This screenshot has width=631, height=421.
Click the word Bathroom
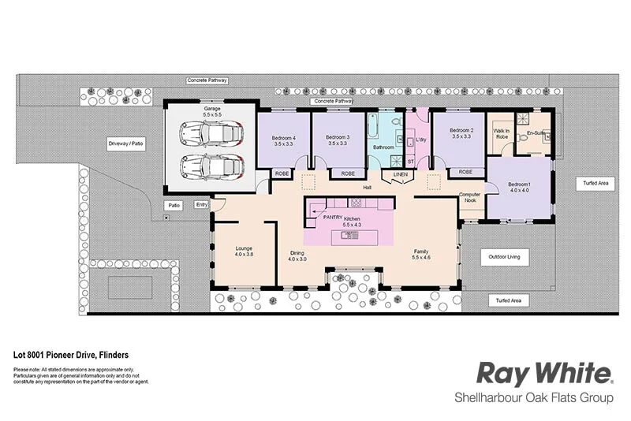383,147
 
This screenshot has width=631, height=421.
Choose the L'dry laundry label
420,140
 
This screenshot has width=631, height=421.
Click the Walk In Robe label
501,134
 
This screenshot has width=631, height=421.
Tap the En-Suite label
536,133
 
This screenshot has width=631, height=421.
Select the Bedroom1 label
519,186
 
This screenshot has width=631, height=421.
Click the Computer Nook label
471,197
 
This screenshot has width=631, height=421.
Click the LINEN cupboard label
401,173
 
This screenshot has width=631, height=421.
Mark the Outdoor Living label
509,257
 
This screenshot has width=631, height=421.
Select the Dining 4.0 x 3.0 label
296,255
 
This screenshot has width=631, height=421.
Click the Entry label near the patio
202,205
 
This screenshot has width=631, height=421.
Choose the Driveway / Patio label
127,144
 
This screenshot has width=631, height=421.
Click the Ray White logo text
545,373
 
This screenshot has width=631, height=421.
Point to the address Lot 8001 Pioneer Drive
71,356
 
